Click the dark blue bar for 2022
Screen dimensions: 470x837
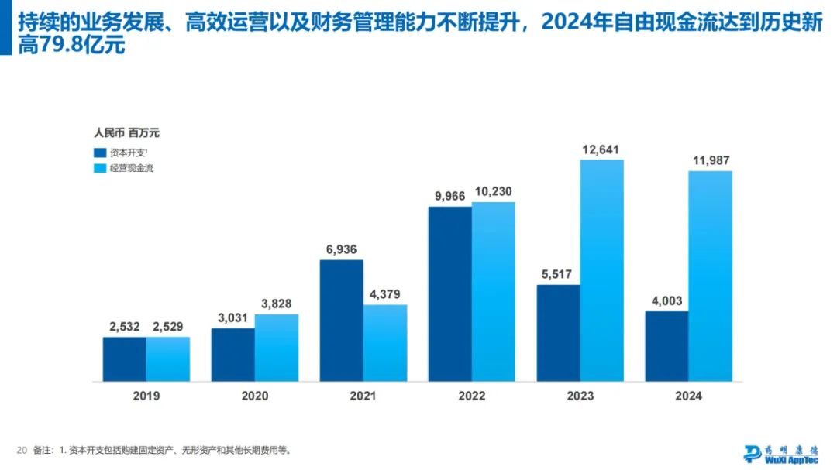(x=449, y=293)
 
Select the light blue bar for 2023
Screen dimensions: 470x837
(x=601, y=270)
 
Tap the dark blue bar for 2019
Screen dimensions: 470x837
(x=124, y=359)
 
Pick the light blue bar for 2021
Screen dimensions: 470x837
(x=385, y=342)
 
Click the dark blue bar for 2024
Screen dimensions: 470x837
(x=666, y=346)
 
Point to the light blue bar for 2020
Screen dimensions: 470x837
(x=277, y=348)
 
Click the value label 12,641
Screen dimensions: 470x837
(x=601, y=149)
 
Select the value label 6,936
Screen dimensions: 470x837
(x=341, y=249)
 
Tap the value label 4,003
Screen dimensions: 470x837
(x=666, y=301)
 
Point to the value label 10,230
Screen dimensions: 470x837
(x=493, y=192)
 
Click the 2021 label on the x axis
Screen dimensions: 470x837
(x=363, y=396)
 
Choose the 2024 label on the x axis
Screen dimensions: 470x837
(x=688, y=396)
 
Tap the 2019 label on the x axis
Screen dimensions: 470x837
(x=146, y=396)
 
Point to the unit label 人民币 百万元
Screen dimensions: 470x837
(x=126, y=132)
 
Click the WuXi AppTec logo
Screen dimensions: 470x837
(x=780, y=454)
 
